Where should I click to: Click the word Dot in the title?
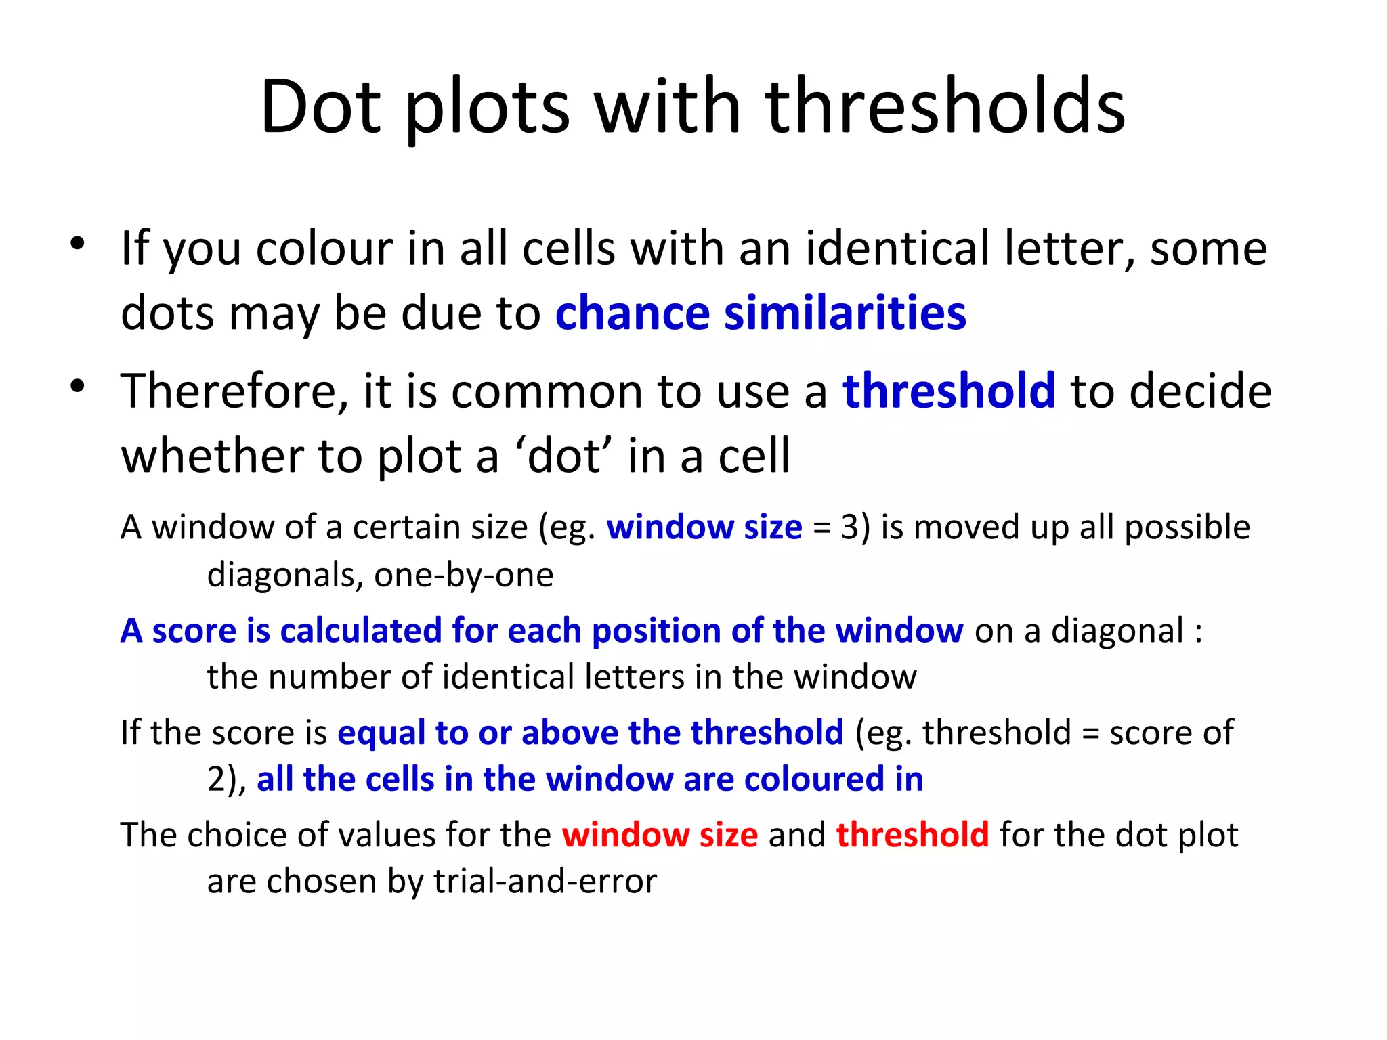(319, 106)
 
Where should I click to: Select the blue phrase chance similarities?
(761, 313)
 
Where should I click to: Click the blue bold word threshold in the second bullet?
(949, 391)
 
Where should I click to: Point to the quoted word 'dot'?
(563, 456)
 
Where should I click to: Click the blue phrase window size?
(704, 527)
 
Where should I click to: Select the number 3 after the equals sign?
(850, 527)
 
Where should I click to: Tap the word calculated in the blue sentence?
(360, 630)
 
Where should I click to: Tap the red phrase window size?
(660, 835)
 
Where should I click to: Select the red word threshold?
(912, 835)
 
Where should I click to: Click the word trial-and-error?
(545, 882)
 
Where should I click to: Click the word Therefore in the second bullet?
(234, 391)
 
